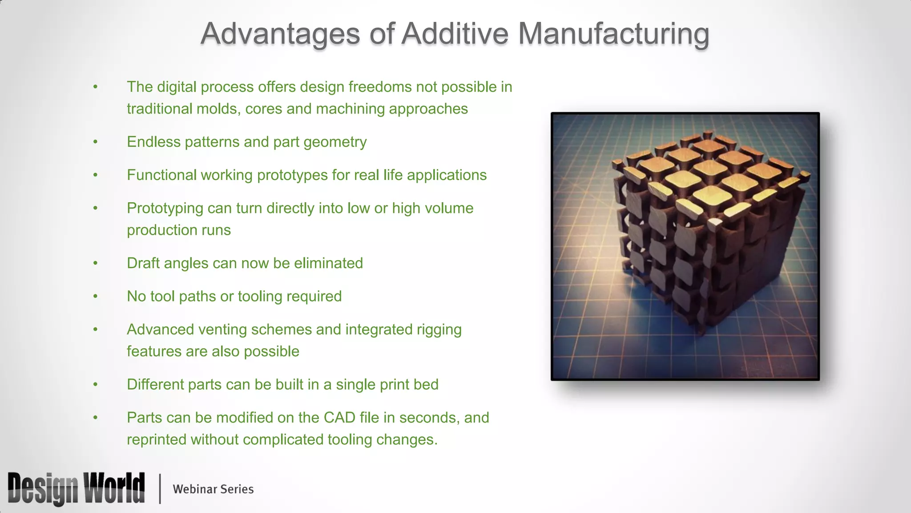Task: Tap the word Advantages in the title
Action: point(280,34)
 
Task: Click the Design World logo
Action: point(76,489)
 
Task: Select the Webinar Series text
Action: point(213,489)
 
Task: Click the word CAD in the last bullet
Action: point(339,418)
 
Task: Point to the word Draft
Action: point(143,263)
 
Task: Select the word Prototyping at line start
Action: point(165,208)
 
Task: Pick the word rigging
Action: point(439,330)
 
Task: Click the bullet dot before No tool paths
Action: point(95,297)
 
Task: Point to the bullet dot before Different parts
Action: point(95,385)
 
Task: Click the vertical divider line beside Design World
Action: point(160,489)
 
